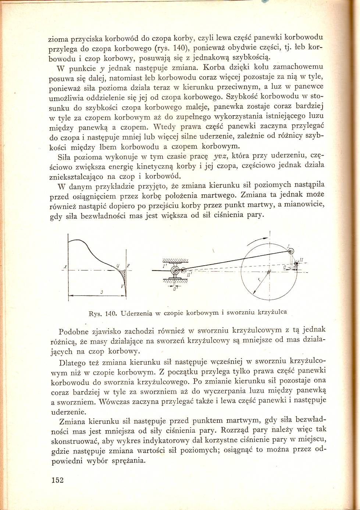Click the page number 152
(58, 480)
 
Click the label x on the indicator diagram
(65, 266)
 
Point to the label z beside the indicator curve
(128, 266)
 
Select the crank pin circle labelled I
(291, 251)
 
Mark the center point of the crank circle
(269, 272)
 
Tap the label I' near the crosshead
(165, 265)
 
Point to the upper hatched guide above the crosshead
(175, 261)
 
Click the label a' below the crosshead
(175, 289)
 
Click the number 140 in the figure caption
(111, 314)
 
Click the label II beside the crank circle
(301, 260)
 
